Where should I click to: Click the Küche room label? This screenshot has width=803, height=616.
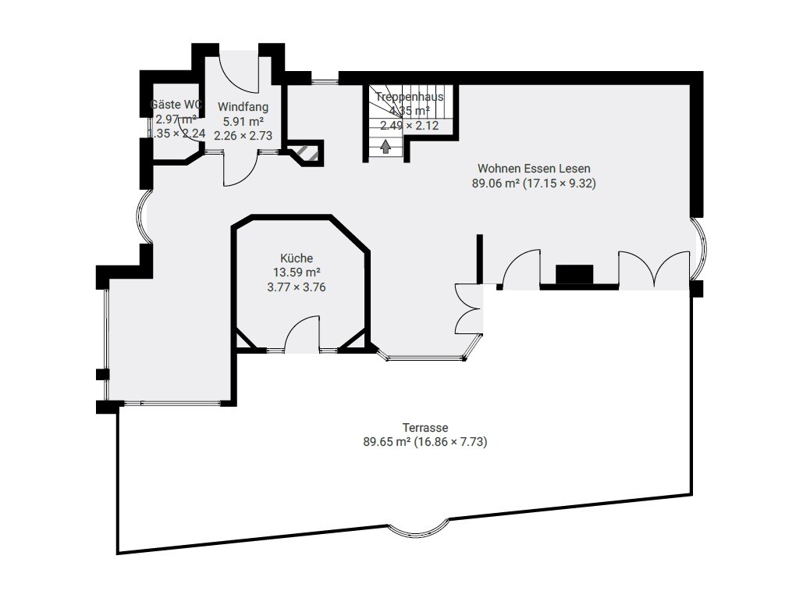point(297,258)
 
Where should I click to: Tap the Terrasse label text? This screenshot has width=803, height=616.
point(425,428)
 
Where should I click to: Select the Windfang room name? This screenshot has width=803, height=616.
point(243,107)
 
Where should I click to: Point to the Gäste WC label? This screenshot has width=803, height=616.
point(176,105)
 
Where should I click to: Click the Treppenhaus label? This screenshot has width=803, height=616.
point(409,97)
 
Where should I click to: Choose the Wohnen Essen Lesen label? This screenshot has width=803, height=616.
point(534,169)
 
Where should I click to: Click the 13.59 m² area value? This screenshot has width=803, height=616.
point(296,272)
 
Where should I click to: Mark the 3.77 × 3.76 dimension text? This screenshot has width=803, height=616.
point(296,287)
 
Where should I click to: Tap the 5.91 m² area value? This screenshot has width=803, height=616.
point(243,121)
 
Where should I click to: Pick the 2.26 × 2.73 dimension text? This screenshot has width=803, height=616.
point(243,134)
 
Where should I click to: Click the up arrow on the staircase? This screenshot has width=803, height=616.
point(385,146)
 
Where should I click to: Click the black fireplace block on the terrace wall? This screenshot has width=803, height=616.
point(574,275)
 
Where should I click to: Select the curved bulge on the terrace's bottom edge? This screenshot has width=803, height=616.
point(418,531)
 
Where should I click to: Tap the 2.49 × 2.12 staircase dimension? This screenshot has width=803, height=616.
point(409,125)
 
